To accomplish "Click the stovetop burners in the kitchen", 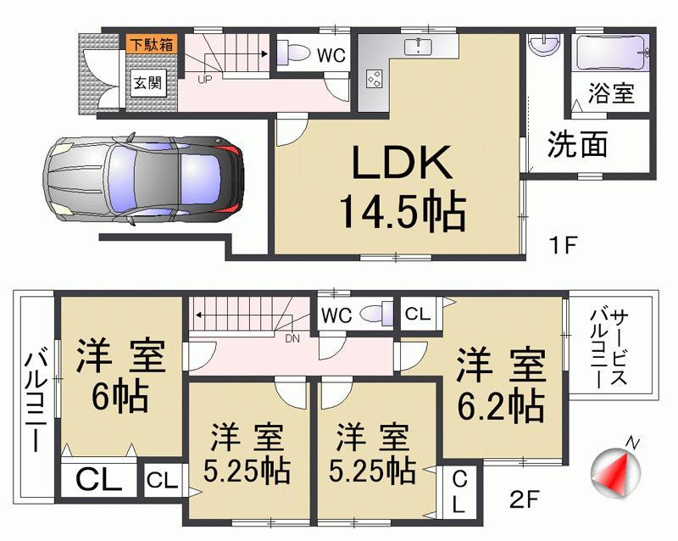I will (x=372, y=79).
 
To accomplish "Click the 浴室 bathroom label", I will (x=613, y=92).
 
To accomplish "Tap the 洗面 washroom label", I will (x=577, y=144).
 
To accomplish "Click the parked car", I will (x=143, y=180).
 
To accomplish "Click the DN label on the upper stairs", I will (x=293, y=338).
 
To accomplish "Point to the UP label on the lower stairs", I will (x=205, y=80).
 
